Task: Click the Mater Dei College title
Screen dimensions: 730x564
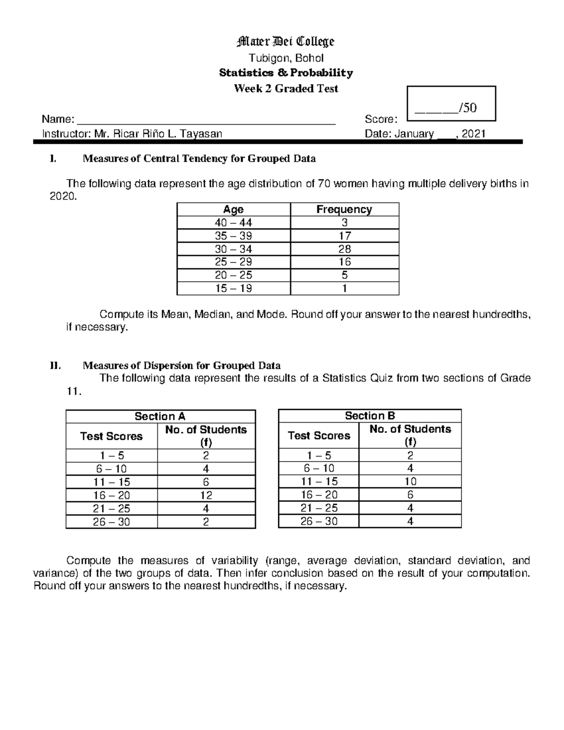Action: (286, 42)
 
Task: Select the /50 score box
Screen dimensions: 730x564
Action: (451, 104)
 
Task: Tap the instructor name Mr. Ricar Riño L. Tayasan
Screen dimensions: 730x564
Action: (158, 134)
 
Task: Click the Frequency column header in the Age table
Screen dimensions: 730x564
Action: (344, 210)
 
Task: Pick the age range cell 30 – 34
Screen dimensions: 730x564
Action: (234, 249)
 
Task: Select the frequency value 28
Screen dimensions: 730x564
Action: (345, 249)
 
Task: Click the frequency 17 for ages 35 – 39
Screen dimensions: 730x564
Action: (345, 236)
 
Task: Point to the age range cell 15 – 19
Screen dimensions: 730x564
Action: (234, 289)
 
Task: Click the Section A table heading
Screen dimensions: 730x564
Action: (160, 416)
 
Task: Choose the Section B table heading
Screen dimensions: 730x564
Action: (370, 416)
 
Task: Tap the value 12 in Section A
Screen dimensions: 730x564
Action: (206, 495)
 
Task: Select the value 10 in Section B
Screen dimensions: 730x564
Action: (410, 481)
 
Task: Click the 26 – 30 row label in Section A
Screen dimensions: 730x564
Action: (111, 522)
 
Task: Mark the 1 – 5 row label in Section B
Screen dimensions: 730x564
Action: (319, 455)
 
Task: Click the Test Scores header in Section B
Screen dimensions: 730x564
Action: (319, 436)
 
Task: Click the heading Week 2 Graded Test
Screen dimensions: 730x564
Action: (286, 89)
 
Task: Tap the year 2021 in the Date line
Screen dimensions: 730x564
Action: (473, 134)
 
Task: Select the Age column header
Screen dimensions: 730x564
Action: (234, 210)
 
